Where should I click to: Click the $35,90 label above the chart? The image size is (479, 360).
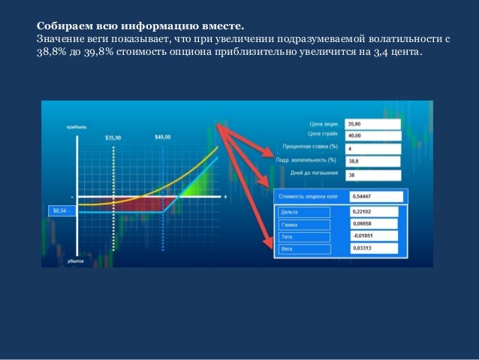113,138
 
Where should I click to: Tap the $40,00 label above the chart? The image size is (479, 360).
162,138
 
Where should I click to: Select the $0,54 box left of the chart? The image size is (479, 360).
60,211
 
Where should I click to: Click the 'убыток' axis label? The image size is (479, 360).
75,261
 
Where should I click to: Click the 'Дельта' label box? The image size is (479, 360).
299,212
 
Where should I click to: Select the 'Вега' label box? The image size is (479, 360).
299,248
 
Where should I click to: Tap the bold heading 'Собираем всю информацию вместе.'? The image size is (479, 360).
140,26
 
